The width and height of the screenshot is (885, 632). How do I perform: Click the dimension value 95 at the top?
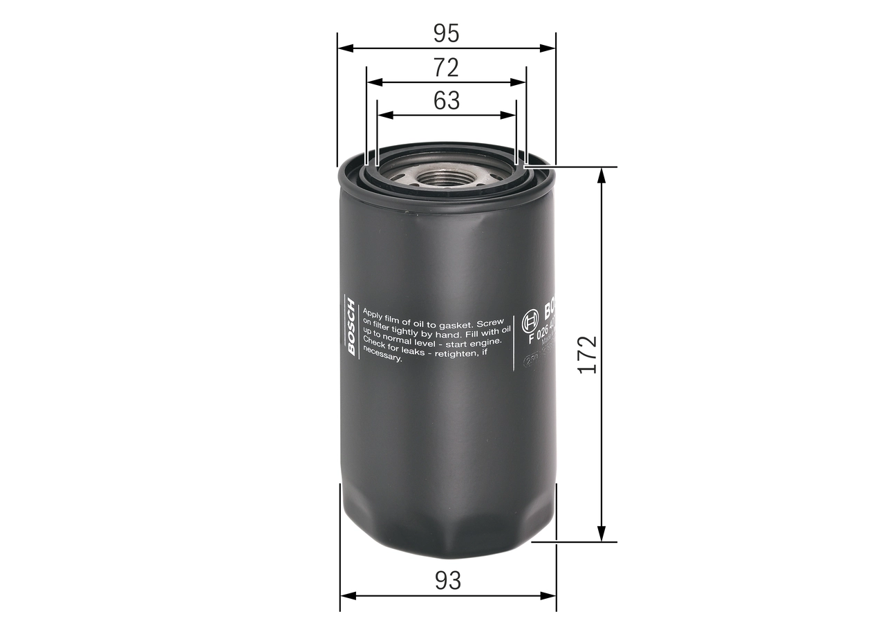coord(446,32)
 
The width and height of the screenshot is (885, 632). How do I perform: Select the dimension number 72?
coord(446,67)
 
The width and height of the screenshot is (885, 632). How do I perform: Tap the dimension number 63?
coord(447,101)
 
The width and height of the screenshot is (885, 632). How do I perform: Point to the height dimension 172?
coord(587,355)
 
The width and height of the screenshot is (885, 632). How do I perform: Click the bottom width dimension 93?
coord(448,581)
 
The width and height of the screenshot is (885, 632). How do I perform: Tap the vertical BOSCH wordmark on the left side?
coord(351,326)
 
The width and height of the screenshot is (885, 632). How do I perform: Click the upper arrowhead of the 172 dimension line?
coord(602,174)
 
